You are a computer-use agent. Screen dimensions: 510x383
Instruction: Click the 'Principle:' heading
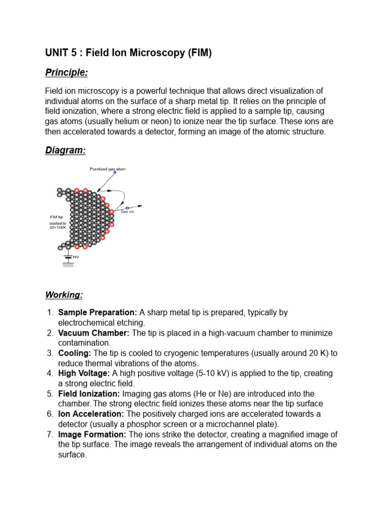coord(66,73)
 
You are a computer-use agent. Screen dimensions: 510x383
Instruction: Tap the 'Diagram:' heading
coord(65,150)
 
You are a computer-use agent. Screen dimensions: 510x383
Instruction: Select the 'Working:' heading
coord(64,295)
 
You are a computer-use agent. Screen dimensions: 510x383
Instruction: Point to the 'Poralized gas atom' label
coord(108,169)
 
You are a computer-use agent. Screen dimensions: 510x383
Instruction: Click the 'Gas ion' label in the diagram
coord(128,212)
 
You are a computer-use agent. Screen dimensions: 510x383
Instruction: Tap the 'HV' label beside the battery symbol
coord(76,257)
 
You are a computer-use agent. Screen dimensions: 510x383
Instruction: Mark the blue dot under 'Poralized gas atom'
coord(115,173)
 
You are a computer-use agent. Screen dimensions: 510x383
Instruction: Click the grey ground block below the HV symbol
coord(68,265)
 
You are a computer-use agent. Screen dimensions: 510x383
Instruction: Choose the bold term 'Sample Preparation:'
coord(97,313)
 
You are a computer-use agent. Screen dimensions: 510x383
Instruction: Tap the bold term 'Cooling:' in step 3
coord(74,353)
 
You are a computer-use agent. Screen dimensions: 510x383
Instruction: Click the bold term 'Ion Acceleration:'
coord(91,414)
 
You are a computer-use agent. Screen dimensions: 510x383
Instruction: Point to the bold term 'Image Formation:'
coord(93,434)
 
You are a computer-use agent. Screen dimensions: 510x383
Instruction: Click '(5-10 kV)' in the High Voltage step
coord(222,374)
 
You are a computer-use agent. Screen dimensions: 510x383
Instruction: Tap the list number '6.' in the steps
coord(50,414)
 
